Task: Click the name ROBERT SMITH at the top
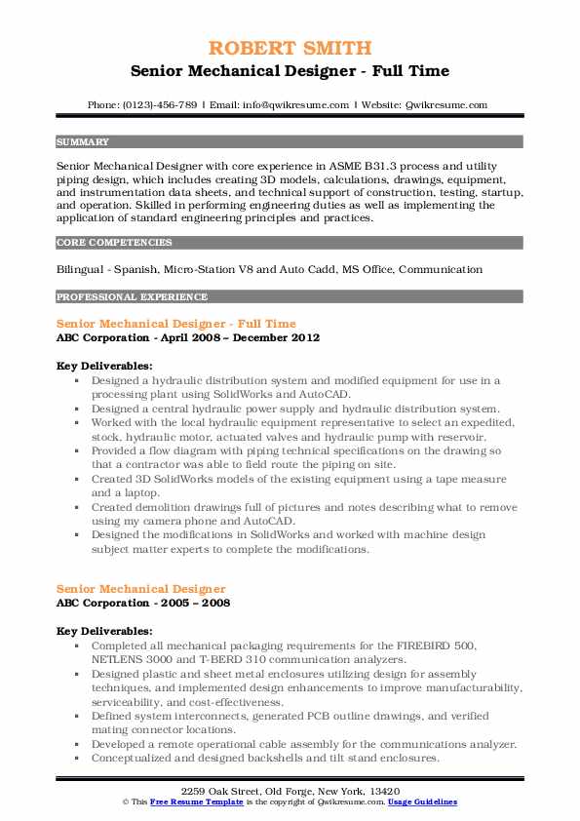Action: pos(290,49)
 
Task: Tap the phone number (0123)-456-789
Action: pos(162,105)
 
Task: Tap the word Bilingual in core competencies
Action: pos(83,269)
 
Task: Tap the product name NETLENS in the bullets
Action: pos(118,658)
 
